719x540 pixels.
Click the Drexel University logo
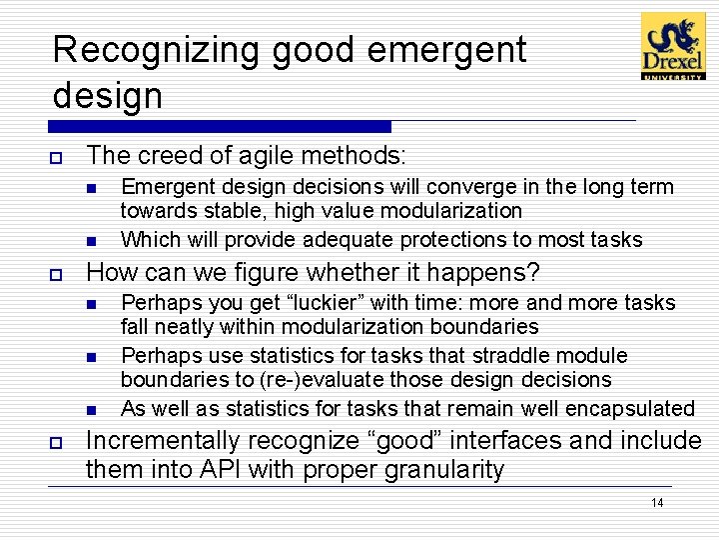672,46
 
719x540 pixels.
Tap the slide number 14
656,502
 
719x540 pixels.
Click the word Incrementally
164,441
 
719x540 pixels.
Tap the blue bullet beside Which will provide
90,241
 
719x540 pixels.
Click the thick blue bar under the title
220,127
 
